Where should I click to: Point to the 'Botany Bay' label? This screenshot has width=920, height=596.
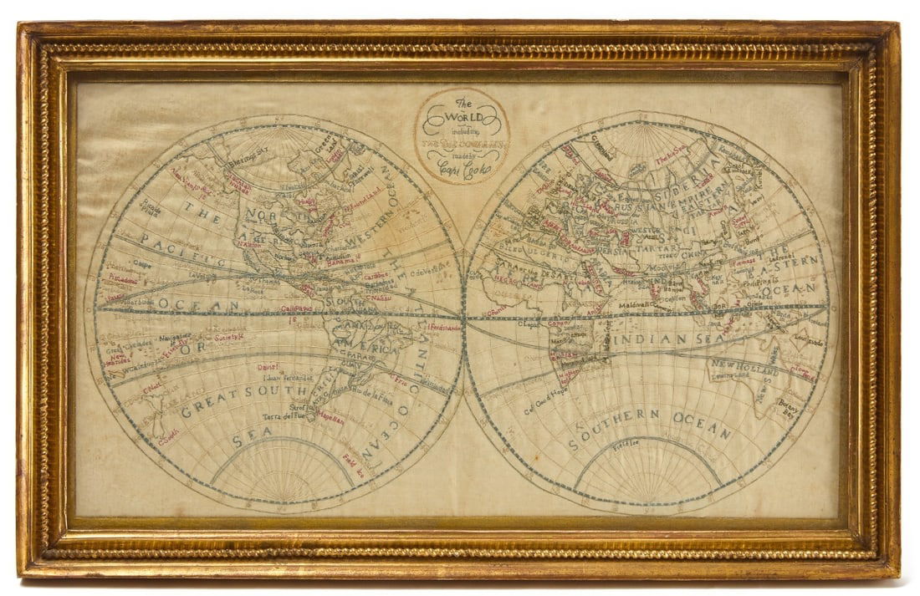790,407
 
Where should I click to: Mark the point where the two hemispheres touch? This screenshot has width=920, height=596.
463,317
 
